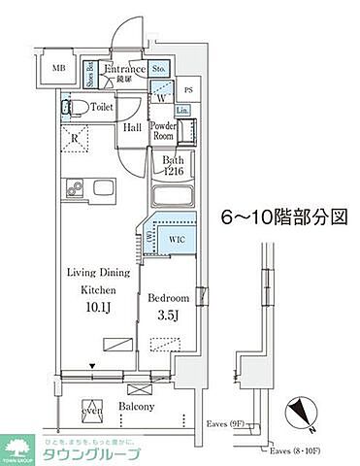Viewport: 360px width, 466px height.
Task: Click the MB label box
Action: tap(59, 69)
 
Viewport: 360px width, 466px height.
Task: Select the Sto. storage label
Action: tap(160, 68)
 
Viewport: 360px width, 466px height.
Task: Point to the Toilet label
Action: tap(102, 107)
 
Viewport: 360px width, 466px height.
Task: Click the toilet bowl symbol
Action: tap(68, 107)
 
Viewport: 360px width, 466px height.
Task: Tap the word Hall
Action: tap(133, 127)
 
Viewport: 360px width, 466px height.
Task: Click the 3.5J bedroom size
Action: tap(168, 316)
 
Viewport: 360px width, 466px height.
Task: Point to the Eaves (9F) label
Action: tap(229, 423)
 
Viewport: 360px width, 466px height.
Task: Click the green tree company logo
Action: tap(16, 449)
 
